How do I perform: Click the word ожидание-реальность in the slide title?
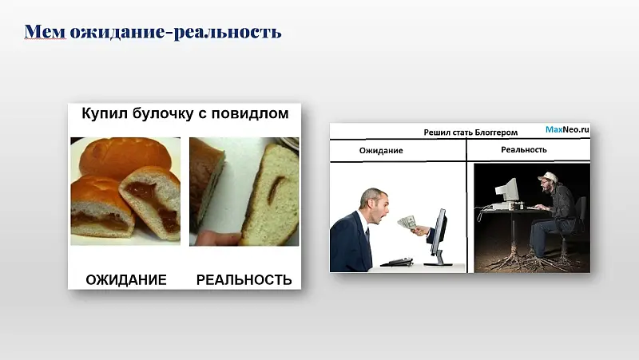(175, 32)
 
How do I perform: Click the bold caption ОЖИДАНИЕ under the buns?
(126, 279)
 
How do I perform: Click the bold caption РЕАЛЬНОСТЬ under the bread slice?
(244, 279)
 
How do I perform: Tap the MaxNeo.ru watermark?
(567, 129)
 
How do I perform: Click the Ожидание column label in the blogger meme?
(381, 150)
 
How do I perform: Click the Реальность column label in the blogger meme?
(524, 149)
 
